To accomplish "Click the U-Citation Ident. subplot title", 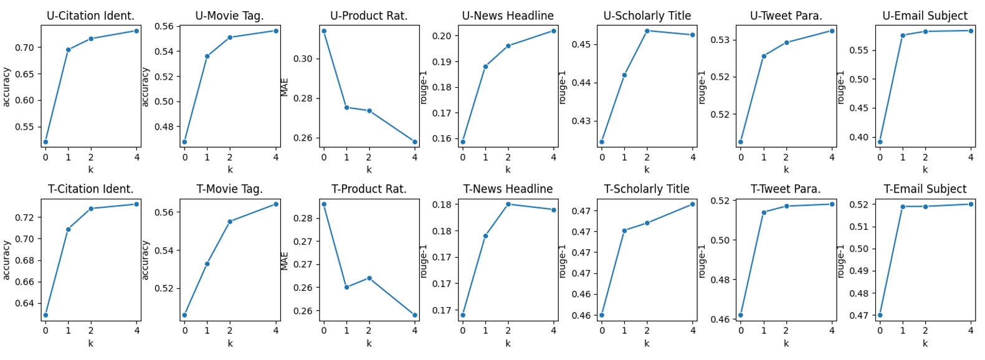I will (90, 16).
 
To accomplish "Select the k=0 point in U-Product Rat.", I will (323, 31).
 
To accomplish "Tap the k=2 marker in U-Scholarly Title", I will (647, 31).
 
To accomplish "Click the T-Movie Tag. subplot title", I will (229, 189).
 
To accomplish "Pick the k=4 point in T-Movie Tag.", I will (275, 204).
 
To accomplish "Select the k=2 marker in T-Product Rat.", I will (369, 278).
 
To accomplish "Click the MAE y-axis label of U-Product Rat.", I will (285, 87).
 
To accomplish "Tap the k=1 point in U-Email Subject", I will (902, 35).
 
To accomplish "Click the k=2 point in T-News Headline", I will (508, 204).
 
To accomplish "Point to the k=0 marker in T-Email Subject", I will (880, 315).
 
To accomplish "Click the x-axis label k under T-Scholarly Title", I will (647, 343).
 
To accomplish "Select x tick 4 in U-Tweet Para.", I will (831, 158).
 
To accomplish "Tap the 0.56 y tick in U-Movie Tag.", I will (164, 26).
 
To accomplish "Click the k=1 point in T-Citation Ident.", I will (68, 229).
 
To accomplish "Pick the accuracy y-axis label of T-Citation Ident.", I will (6, 260).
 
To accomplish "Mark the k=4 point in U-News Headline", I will (553, 31).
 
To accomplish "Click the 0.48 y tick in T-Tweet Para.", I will (720, 280).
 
